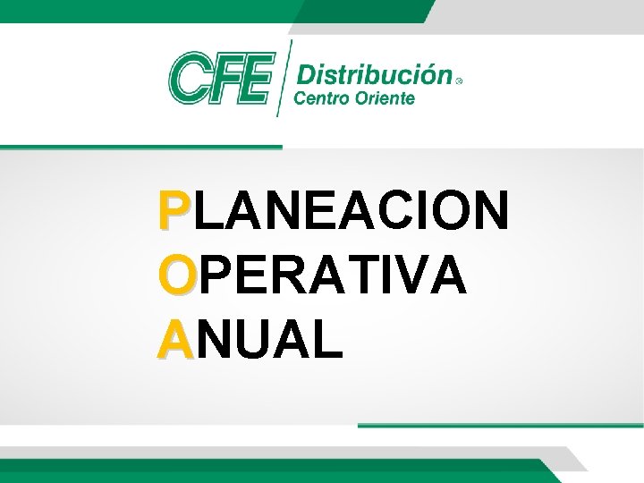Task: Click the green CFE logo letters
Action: pyautogui.click(x=220, y=77)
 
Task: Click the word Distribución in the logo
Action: pyautogui.click(x=374, y=72)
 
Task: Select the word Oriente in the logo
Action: pyautogui.click(x=384, y=97)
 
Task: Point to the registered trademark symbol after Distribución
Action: pyautogui.click(x=460, y=80)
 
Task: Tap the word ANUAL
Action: pyautogui.click(x=250, y=340)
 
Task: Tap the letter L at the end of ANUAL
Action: pyautogui.click(x=327, y=340)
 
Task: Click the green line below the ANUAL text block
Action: pyautogui.click(x=501, y=425)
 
